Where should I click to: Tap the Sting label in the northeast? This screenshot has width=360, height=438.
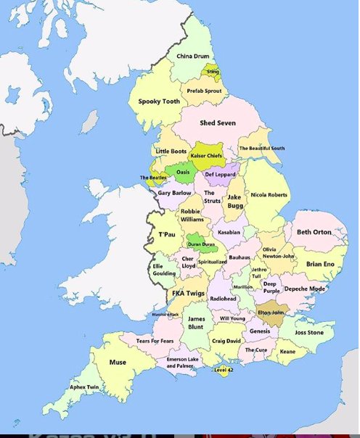coord(213,73)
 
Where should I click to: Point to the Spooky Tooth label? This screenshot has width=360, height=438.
coord(158,102)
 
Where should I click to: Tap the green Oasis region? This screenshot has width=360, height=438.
coord(183,172)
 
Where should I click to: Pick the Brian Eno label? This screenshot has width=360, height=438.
coord(319,265)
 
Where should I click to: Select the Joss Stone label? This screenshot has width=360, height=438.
coord(309,333)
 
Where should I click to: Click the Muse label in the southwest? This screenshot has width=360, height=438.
coord(117,362)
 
